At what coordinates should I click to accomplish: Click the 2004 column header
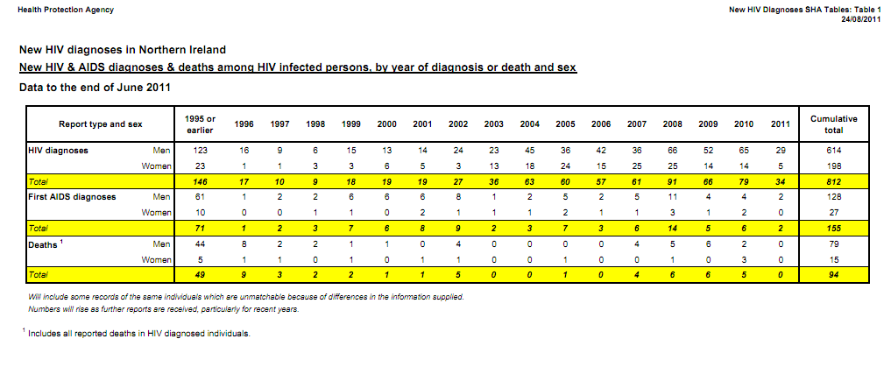[529, 124]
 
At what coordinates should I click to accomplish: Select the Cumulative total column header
[833, 124]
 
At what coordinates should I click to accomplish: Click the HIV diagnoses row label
[58, 151]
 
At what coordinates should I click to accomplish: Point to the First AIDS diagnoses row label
[73, 197]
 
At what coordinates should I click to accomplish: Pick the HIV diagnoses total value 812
[833, 182]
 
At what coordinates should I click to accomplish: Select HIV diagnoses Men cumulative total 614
[833, 151]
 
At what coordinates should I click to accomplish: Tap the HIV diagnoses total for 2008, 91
[673, 182]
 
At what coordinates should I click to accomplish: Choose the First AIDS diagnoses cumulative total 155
[833, 229]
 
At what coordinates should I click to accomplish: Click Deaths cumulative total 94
[833, 275]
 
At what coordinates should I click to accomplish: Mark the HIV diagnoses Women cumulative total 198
[833, 166]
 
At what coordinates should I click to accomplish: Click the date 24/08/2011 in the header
[859, 19]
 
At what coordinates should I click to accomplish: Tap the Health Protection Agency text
[60, 10]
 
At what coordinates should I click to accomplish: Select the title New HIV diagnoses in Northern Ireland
[122, 49]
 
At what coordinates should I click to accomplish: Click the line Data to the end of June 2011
[95, 87]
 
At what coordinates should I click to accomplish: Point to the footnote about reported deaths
[139, 334]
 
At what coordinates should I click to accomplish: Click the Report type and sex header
[101, 124]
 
